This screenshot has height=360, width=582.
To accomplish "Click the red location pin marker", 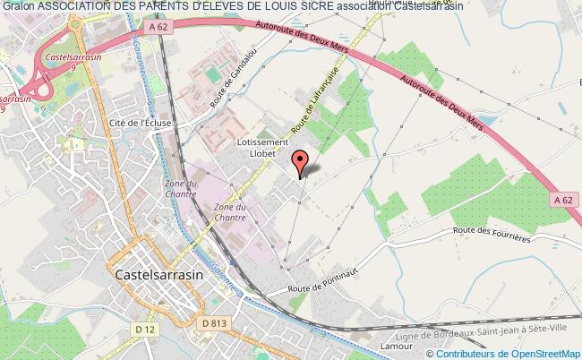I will (300, 162).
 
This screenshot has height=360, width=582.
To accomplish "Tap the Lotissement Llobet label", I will (261, 148).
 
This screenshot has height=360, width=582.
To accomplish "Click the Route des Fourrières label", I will (492, 235).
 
